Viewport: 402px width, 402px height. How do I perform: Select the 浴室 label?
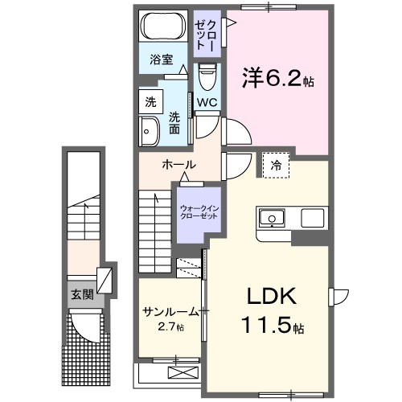pos(162,59)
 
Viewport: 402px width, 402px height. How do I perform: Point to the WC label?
pos(206,102)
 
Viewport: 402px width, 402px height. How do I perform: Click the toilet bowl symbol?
pos(207,77)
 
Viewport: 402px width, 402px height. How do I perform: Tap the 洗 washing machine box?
pos(150,102)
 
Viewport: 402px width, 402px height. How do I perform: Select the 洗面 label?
pos(174,122)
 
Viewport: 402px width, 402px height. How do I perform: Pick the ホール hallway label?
pos(178,165)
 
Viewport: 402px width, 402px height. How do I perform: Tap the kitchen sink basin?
pos(271,217)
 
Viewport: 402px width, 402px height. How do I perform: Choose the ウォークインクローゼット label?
pos(199,213)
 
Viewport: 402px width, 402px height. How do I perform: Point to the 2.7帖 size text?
pos(170,327)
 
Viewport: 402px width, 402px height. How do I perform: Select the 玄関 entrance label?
pos(82,294)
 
